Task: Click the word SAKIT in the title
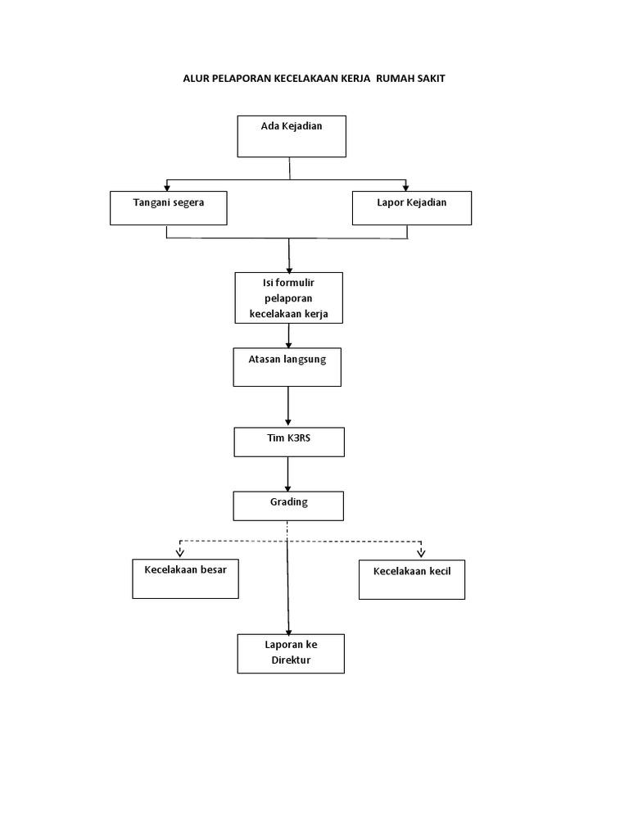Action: coord(431,79)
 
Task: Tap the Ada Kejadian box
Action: coord(292,137)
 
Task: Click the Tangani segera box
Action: coord(169,208)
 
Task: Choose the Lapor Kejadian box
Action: coord(412,208)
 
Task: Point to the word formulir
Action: coord(295,283)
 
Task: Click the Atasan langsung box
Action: coord(287,367)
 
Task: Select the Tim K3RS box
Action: coord(289,442)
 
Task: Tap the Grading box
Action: coord(288,506)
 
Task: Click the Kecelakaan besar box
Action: coord(186,579)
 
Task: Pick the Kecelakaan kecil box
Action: coord(412,579)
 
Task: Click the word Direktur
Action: coord(291,660)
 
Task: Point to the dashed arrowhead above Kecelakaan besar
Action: coord(180,553)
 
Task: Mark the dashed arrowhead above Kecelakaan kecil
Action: coord(422,553)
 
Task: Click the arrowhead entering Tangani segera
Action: coord(167,188)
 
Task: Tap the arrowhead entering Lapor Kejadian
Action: coord(406,188)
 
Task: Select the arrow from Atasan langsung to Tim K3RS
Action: coord(287,406)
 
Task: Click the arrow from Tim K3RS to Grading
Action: coord(287,474)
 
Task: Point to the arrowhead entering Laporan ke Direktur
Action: coord(289,633)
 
